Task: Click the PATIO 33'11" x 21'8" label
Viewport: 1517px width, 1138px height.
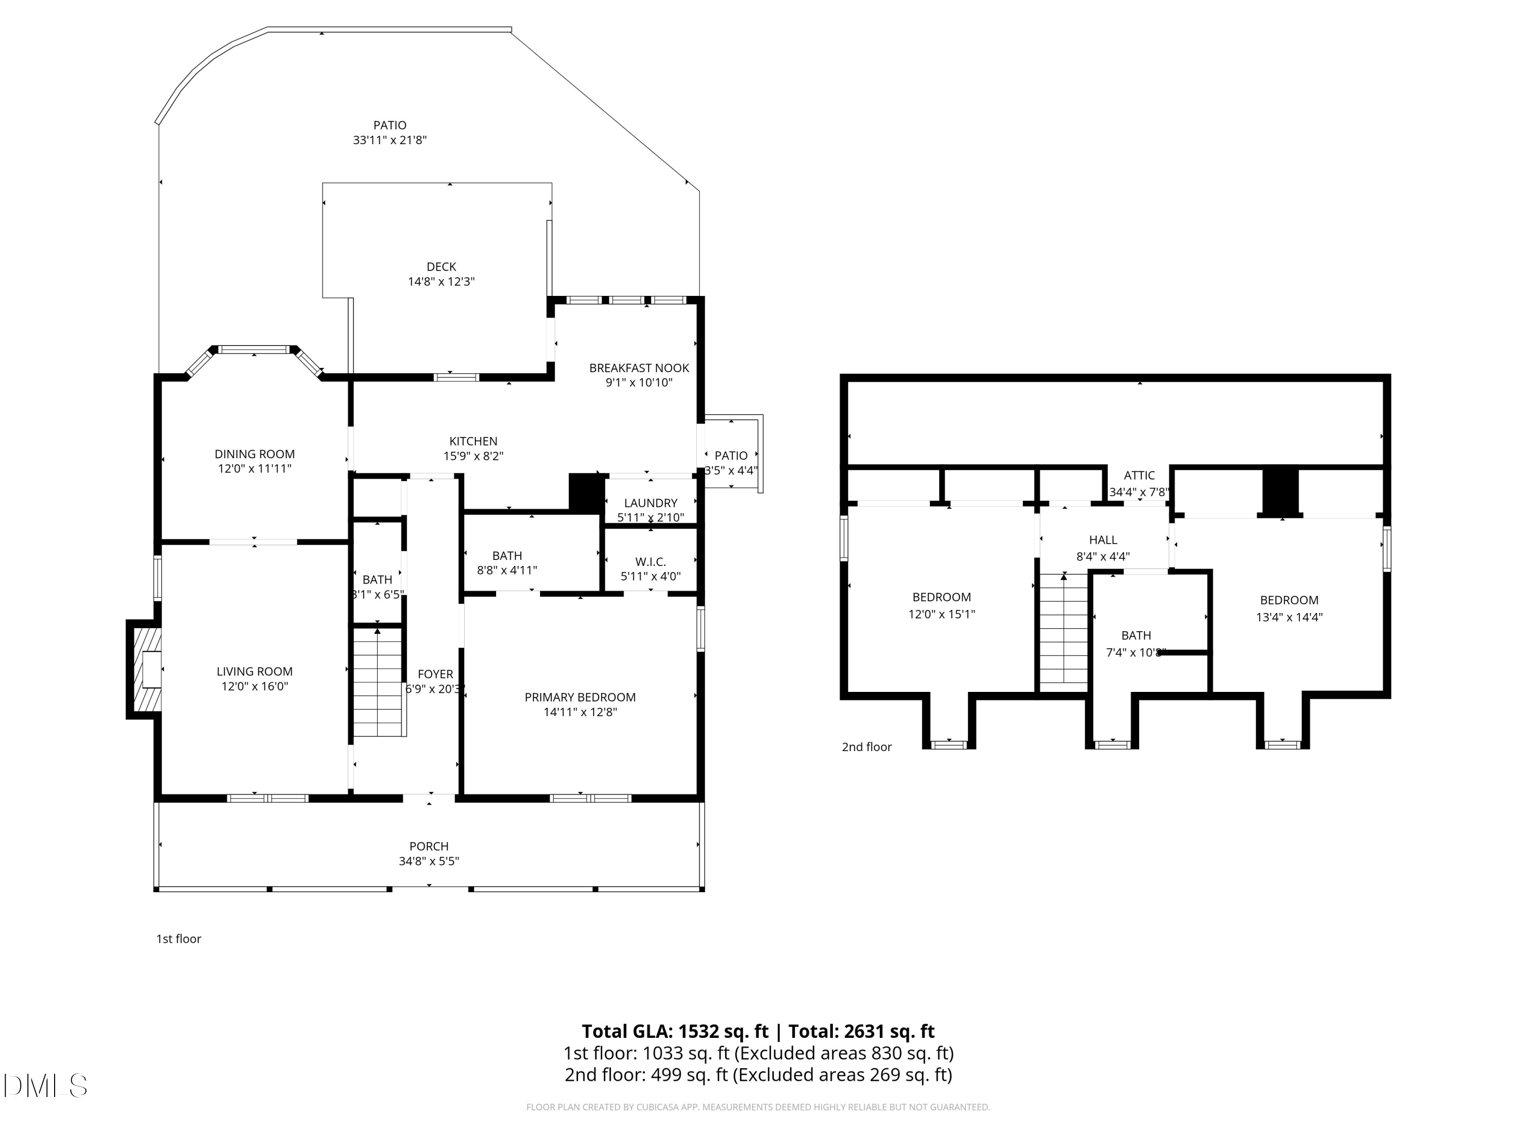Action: pos(389,133)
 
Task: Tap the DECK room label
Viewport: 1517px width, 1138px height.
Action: pos(441,274)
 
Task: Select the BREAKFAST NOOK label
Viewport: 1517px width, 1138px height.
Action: pos(639,375)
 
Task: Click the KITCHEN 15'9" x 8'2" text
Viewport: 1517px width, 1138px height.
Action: pos(473,449)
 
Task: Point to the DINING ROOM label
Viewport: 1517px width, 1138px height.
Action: pos(254,461)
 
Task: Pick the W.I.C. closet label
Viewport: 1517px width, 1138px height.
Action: pos(650,568)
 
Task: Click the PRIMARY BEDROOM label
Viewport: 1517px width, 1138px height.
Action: pos(580,705)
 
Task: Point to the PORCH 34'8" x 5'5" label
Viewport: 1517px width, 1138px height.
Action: pos(429,853)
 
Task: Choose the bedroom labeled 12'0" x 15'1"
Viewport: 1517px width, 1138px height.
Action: pos(941,605)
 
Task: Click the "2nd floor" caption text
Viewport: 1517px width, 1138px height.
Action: pos(866,747)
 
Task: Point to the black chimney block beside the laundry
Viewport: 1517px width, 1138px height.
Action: pos(586,493)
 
